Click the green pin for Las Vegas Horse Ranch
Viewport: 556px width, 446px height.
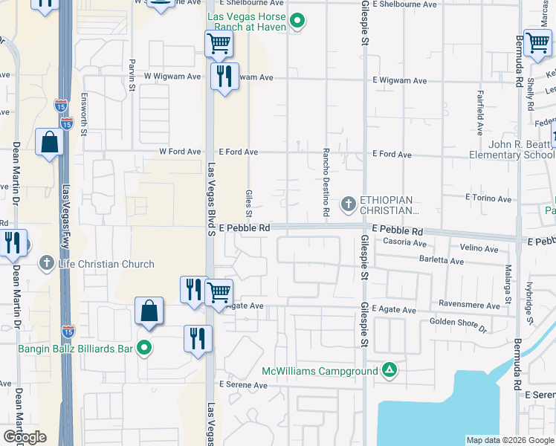(x=297, y=21)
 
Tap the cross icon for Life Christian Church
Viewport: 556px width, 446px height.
(x=47, y=263)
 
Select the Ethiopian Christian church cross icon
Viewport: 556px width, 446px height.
(x=348, y=203)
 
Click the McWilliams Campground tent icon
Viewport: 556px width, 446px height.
(x=389, y=369)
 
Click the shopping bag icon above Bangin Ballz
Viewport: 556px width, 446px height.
(x=149, y=310)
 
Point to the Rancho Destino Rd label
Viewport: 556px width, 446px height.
(x=326, y=169)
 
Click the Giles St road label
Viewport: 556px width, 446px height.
(x=248, y=199)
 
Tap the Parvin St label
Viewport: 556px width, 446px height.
(x=132, y=75)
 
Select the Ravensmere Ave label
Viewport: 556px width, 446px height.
(x=469, y=305)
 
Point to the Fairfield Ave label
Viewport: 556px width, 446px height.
(x=479, y=109)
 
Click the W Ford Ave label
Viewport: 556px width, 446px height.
(x=180, y=152)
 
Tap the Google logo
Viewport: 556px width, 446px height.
(x=25, y=437)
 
